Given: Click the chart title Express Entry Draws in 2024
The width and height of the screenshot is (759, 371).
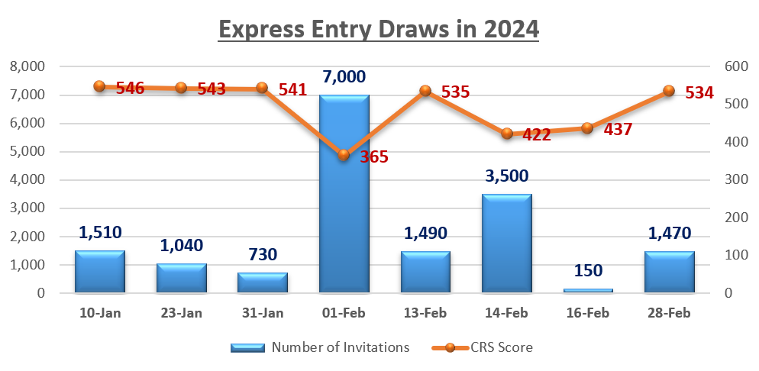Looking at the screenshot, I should [379, 30].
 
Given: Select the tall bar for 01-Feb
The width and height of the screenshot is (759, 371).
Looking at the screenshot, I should [344, 193].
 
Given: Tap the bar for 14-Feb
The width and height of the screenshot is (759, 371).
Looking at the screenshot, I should [507, 243].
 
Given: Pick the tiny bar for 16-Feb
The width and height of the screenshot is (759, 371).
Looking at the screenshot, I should [588, 290].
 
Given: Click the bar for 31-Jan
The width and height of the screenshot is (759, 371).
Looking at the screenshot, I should [263, 282].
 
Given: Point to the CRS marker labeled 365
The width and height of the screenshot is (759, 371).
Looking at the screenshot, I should [344, 155].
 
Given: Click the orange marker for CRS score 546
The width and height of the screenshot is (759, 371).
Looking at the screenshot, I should [99, 86].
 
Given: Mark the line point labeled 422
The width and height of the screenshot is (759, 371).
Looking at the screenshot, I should [507, 134].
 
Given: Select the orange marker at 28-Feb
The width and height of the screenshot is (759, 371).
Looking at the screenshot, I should [669, 91].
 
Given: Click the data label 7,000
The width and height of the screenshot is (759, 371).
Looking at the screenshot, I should [344, 76].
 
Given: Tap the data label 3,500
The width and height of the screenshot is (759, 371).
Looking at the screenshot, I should [507, 176].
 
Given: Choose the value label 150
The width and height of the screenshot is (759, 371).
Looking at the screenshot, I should [588, 269].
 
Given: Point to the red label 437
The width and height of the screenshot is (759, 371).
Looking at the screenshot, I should [618, 129].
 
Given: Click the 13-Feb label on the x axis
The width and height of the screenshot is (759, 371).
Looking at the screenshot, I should [425, 313].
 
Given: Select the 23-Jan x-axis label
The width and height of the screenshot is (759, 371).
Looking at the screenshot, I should [181, 313].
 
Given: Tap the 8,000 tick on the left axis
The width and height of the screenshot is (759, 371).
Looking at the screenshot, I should [27, 67].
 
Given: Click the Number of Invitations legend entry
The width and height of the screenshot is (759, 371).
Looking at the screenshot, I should [321, 347].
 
